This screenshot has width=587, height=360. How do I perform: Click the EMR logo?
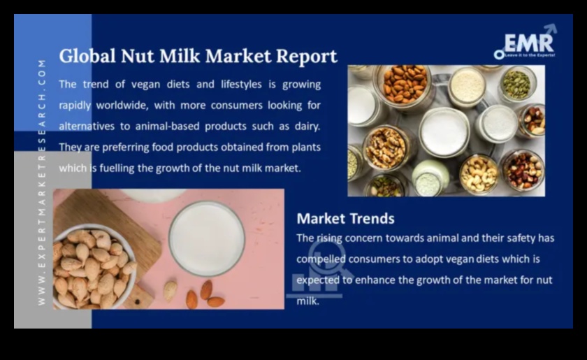coord(526,43)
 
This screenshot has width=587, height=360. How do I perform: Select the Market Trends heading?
coord(345,218)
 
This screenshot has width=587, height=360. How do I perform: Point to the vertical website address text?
coord(42,182)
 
